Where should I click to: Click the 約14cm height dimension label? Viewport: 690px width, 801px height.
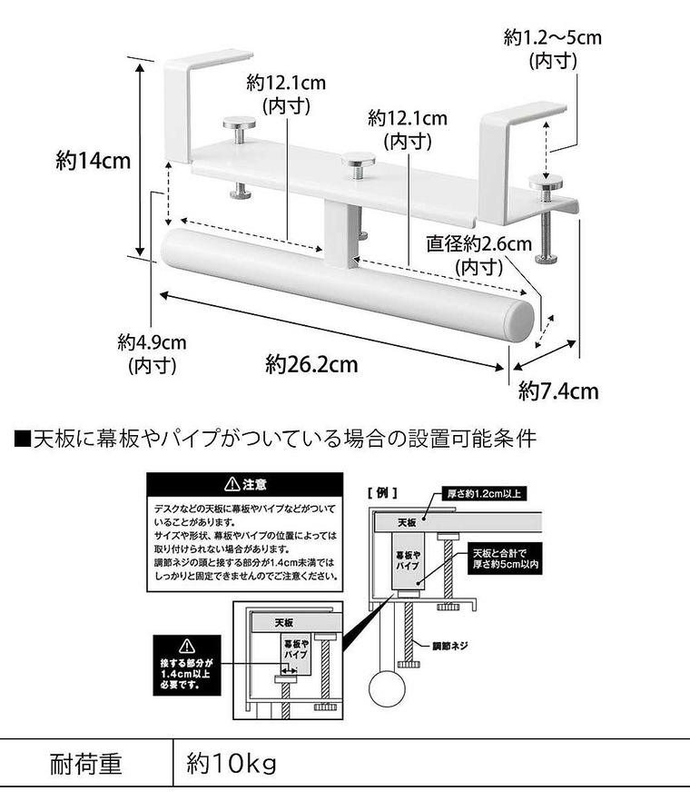(94, 162)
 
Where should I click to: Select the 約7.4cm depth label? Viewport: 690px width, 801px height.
(558, 391)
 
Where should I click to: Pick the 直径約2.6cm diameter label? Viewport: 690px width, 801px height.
(479, 255)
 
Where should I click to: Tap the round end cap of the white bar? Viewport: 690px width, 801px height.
(519, 320)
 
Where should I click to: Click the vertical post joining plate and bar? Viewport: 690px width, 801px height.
(339, 234)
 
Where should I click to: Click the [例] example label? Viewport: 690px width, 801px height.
(378, 492)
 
